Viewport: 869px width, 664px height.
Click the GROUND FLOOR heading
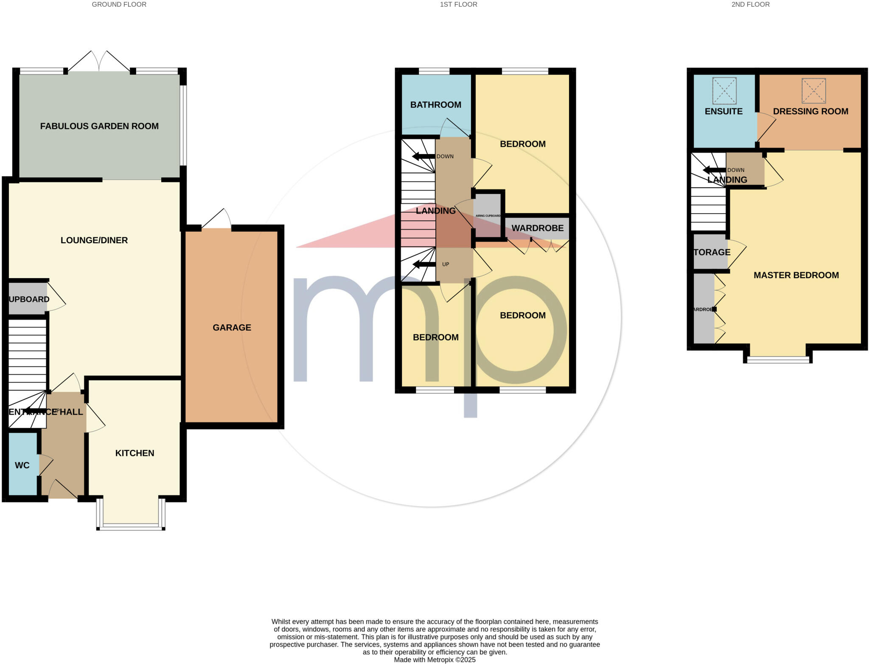point(119,5)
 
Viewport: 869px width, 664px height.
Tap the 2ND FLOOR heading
point(750,5)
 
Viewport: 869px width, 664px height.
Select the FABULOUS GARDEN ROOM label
point(99,126)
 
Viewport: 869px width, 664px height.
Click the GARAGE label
point(232,327)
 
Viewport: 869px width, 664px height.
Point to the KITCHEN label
point(135,453)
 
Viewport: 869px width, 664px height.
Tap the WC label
point(22,465)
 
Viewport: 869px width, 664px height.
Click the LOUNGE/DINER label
point(94,240)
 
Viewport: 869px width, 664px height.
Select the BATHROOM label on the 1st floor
point(435,105)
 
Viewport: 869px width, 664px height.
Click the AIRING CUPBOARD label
point(488,216)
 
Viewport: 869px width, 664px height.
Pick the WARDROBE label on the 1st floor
point(537,228)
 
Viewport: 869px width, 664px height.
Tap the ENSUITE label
point(723,111)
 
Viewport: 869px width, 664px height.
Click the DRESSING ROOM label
point(810,111)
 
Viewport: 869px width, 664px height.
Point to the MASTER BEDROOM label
point(796,275)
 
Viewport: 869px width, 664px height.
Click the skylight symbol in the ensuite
point(724,90)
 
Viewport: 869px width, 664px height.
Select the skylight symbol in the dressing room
point(813,90)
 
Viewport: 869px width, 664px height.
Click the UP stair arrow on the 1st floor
point(424,264)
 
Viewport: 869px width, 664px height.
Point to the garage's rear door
point(217,219)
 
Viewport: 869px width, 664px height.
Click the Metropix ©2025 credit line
point(434,660)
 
